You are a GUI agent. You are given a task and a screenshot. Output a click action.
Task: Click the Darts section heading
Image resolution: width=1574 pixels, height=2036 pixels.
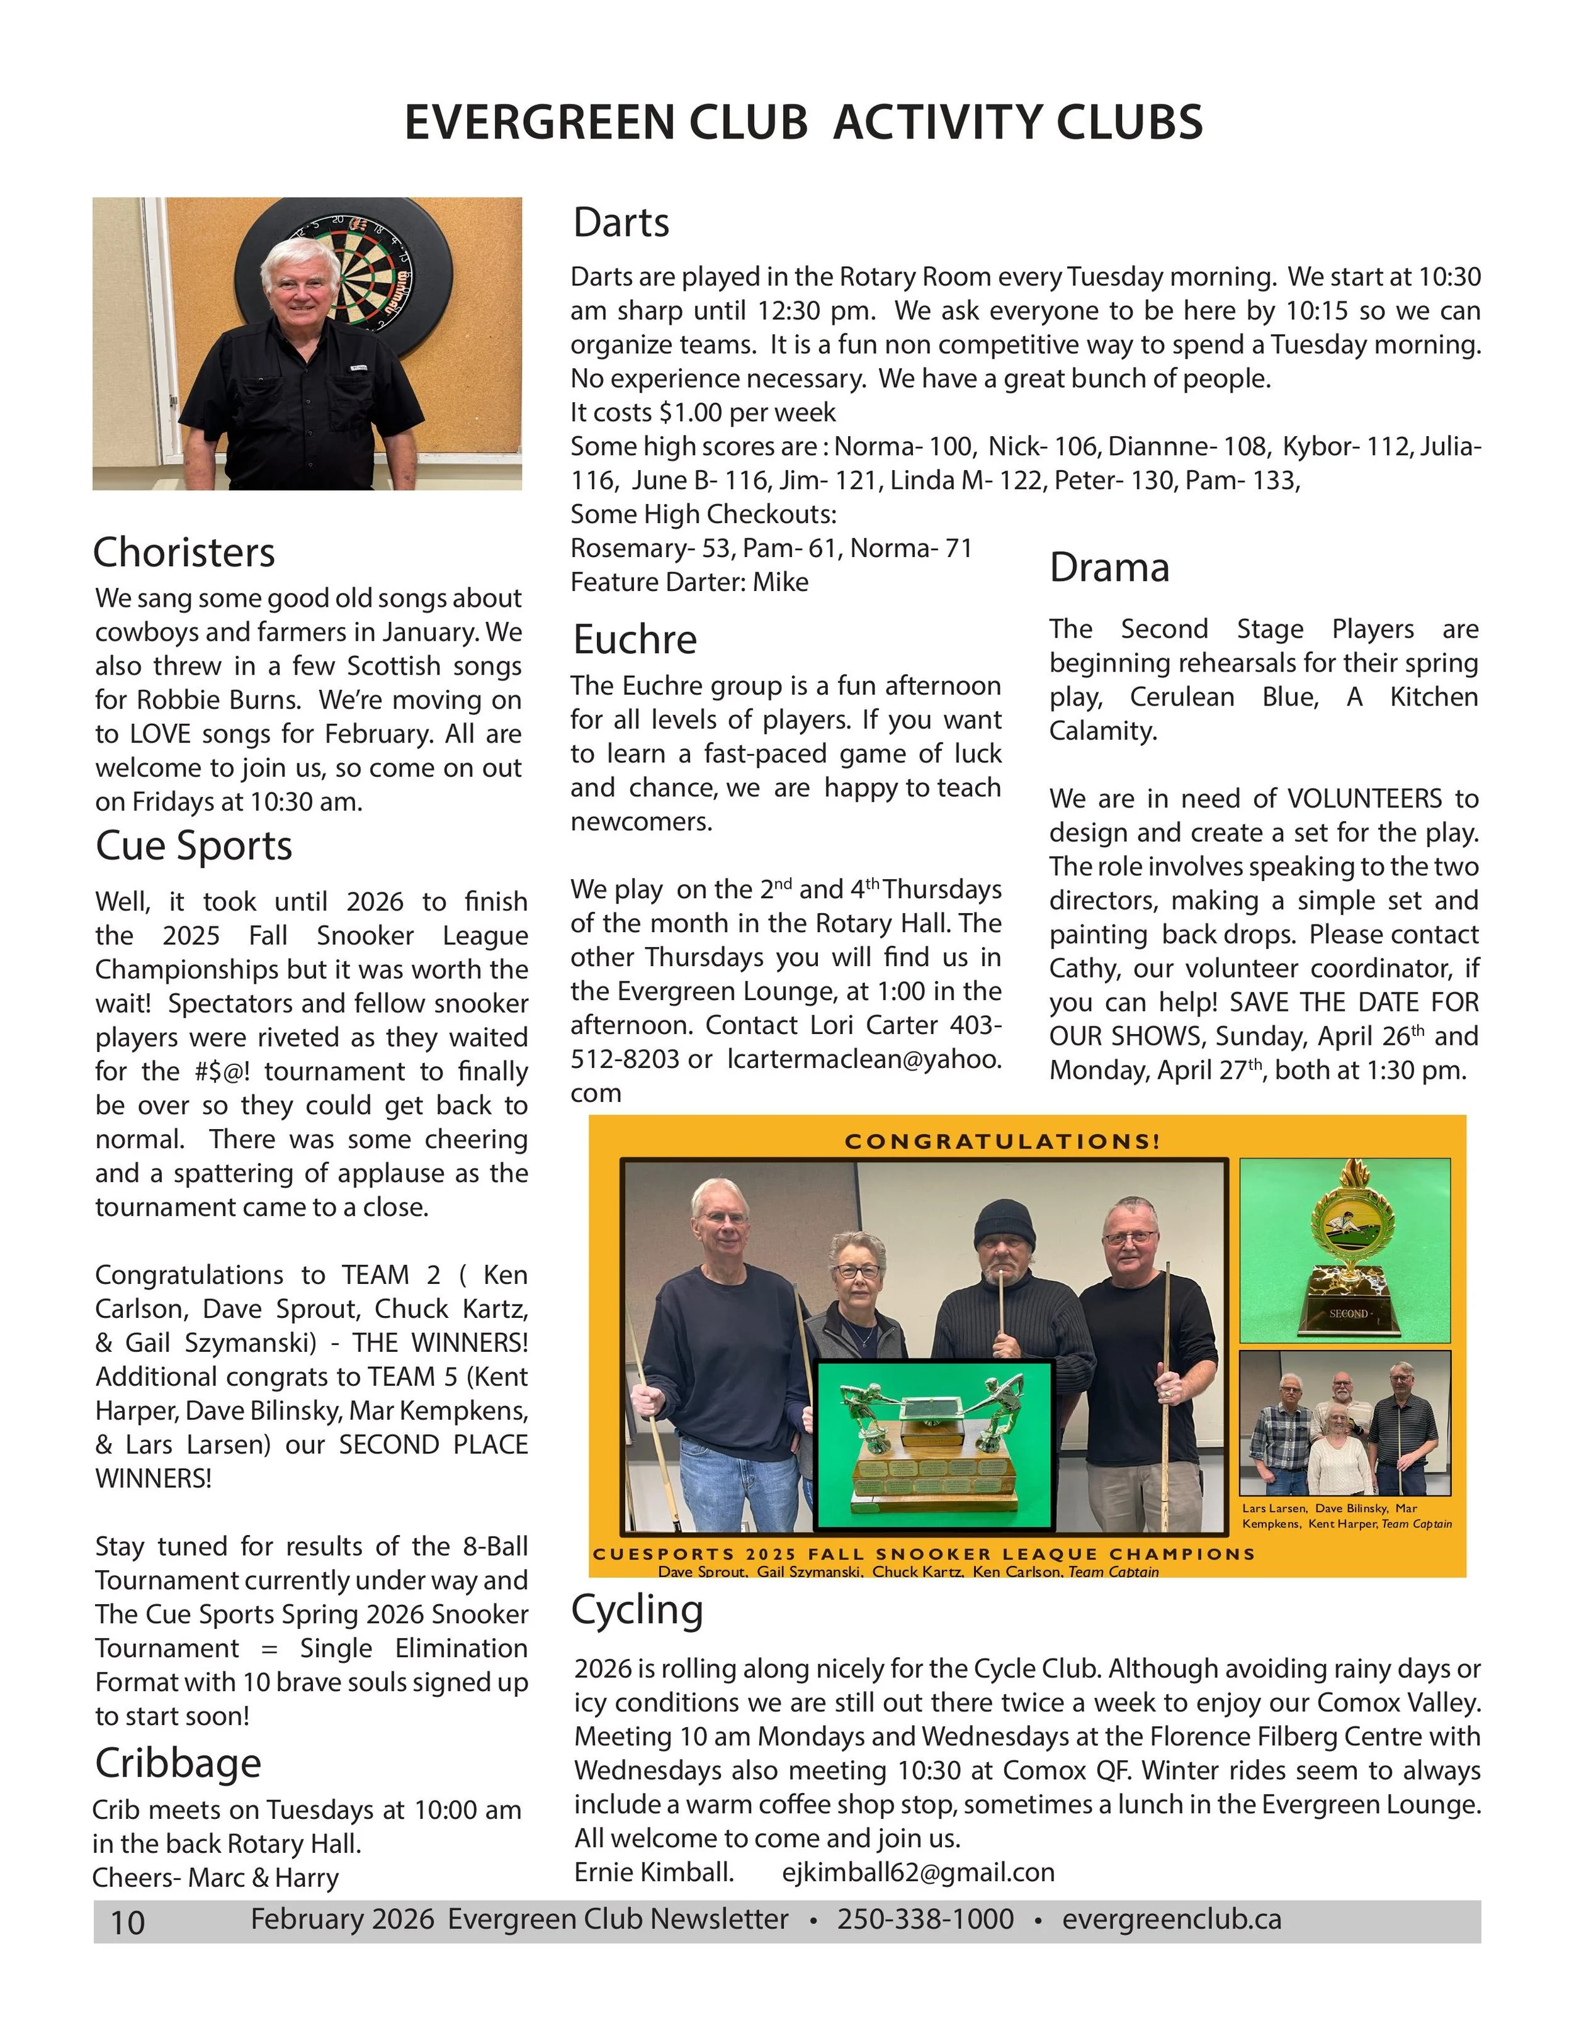click(x=621, y=223)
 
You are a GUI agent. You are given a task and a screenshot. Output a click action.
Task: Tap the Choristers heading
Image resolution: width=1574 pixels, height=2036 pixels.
click(x=184, y=553)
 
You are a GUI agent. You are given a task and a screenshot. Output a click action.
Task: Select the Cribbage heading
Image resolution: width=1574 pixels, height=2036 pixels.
click(x=178, y=1763)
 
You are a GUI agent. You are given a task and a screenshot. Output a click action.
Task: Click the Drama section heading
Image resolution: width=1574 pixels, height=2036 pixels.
click(x=1109, y=568)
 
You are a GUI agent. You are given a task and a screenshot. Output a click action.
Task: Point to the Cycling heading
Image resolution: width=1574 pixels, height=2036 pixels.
click(x=637, y=1610)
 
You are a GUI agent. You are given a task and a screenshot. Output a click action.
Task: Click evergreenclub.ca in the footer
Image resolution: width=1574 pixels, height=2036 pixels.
click(x=1171, y=1920)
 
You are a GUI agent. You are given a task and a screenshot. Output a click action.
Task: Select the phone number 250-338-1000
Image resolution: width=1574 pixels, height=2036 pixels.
click(x=925, y=1920)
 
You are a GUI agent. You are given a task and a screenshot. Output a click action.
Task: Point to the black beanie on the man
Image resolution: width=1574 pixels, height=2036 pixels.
click(x=1004, y=1224)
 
